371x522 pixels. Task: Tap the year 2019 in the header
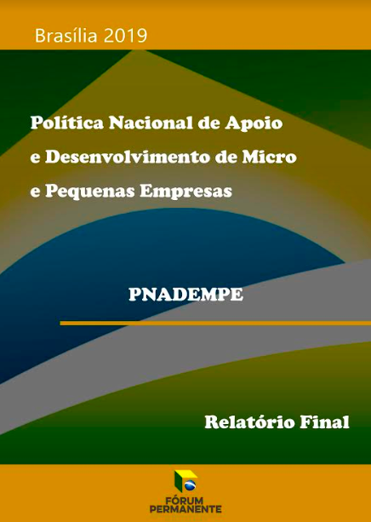124,36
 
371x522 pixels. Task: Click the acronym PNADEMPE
185,295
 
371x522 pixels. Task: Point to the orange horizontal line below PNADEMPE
204,324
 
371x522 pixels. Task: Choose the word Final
325,422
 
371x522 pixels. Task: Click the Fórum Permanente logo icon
185,480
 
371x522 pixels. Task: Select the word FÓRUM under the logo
185,500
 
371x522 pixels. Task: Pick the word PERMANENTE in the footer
185,509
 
